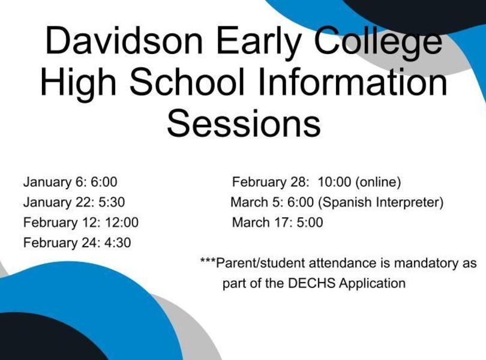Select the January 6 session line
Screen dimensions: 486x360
70,182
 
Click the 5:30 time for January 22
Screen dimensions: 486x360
112,202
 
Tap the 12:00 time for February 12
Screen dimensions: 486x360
122,223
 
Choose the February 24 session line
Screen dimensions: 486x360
77,243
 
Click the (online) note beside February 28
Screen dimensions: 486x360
378,182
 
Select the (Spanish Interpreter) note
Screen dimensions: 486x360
381,202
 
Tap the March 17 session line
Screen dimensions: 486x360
277,223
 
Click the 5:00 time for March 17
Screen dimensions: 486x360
310,223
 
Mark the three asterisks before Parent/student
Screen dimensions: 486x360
208,260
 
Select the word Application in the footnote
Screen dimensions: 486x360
372,284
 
